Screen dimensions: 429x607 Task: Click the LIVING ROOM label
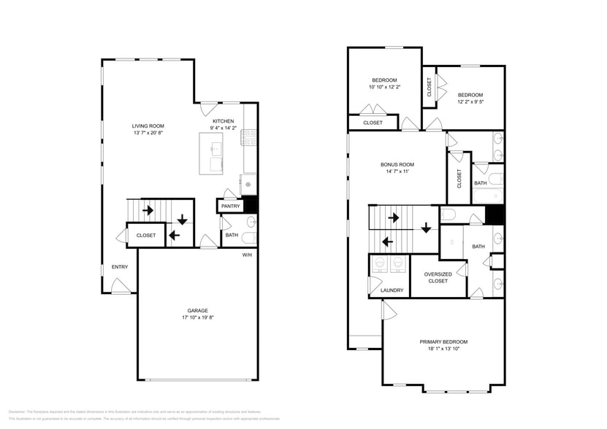point(148,126)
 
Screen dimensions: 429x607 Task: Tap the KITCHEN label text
point(223,121)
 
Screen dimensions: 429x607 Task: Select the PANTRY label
point(229,206)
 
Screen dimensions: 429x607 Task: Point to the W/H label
point(247,255)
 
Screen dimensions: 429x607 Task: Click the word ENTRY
point(120,267)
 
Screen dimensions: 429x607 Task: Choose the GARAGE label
point(197,311)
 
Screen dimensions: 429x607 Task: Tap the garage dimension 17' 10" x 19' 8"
point(197,318)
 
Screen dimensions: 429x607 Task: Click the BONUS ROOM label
point(397,165)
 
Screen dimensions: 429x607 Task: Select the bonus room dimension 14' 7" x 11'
point(397,172)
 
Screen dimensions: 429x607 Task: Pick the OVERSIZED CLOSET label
point(438,277)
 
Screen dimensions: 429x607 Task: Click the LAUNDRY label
point(392,290)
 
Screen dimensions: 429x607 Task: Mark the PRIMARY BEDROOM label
point(443,341)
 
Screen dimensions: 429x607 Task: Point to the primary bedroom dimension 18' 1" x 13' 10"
point(443,349)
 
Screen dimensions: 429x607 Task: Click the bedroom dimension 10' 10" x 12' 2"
point(384,88)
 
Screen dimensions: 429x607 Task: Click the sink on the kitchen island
point(215,149)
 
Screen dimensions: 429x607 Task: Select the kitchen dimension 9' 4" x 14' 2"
point(223,128)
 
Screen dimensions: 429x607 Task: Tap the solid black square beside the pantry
point(250,205)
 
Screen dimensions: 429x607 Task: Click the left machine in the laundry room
point(379,263)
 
